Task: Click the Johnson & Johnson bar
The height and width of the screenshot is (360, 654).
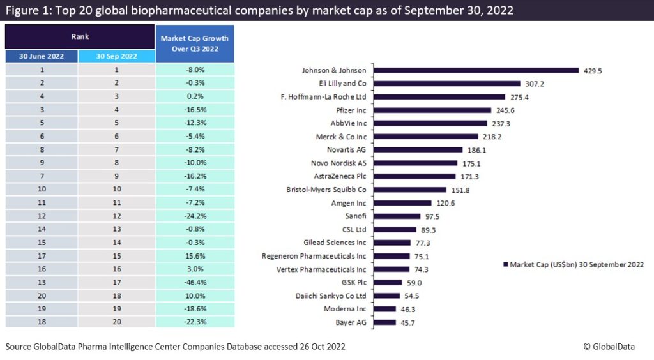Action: click(476, 70)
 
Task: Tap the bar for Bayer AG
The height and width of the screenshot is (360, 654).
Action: click(384, 322)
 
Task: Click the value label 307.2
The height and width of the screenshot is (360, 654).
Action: click(535, 84)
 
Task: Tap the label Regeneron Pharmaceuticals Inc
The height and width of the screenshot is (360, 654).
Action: click(314, 256)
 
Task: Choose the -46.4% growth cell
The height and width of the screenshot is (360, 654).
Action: click(195, 281)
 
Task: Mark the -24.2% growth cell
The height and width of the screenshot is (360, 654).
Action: click(195, 215)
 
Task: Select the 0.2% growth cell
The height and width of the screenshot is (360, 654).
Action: click(195, 96)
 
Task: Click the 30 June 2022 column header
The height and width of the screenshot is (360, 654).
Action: click(42, 56)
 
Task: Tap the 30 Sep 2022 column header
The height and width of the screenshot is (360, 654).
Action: click(116, 56)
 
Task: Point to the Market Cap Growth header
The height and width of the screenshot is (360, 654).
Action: click(195, 43)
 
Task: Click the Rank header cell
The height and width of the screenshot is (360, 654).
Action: click(80, 37)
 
